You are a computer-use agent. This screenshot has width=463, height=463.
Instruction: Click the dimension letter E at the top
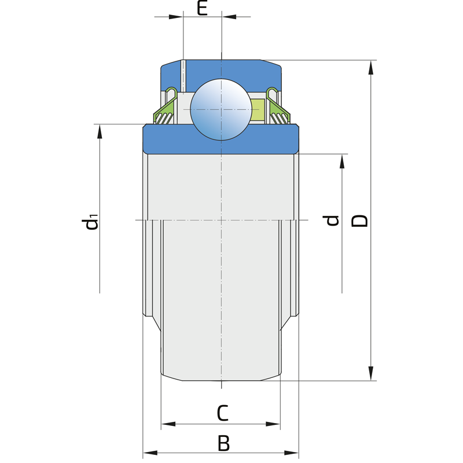click(x=202, y=8)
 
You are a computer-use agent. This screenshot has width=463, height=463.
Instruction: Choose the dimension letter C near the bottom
click(x=223, y=413)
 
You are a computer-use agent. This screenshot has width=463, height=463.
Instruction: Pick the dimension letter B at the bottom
click(x=223, y=443)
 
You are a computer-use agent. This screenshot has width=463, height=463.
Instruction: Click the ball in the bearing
click(x=221, y=109)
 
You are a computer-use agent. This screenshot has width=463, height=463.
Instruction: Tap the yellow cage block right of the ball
click(x=258, y=109)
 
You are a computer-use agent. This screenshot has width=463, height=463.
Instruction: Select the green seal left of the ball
click(x=165, y=106)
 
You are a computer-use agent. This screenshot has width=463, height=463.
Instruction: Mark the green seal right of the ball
click(x=278, y=106)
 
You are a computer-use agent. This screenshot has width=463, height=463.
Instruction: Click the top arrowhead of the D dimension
click(x=371, y=67)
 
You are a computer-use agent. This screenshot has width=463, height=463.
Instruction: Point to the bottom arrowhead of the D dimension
click(x=371, y=373)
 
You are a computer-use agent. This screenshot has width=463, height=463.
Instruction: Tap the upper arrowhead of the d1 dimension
click(x=100, y=131)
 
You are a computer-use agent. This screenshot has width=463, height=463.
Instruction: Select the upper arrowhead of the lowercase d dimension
click(x=342, y=161)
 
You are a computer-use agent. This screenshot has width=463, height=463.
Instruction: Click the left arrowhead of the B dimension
click(x=150, y=453)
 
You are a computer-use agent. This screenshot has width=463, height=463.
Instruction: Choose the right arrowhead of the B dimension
click(x=292, y=453)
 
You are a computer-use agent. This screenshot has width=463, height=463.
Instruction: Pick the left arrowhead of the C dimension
click(x=168, y=424)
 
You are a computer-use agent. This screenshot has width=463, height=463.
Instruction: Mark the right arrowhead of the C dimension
click(x=273, y=424)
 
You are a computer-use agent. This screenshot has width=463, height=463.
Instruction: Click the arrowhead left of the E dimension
click(x=176, y=17)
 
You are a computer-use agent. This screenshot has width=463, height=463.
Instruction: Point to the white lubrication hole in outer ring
click(x=183, y=76)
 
